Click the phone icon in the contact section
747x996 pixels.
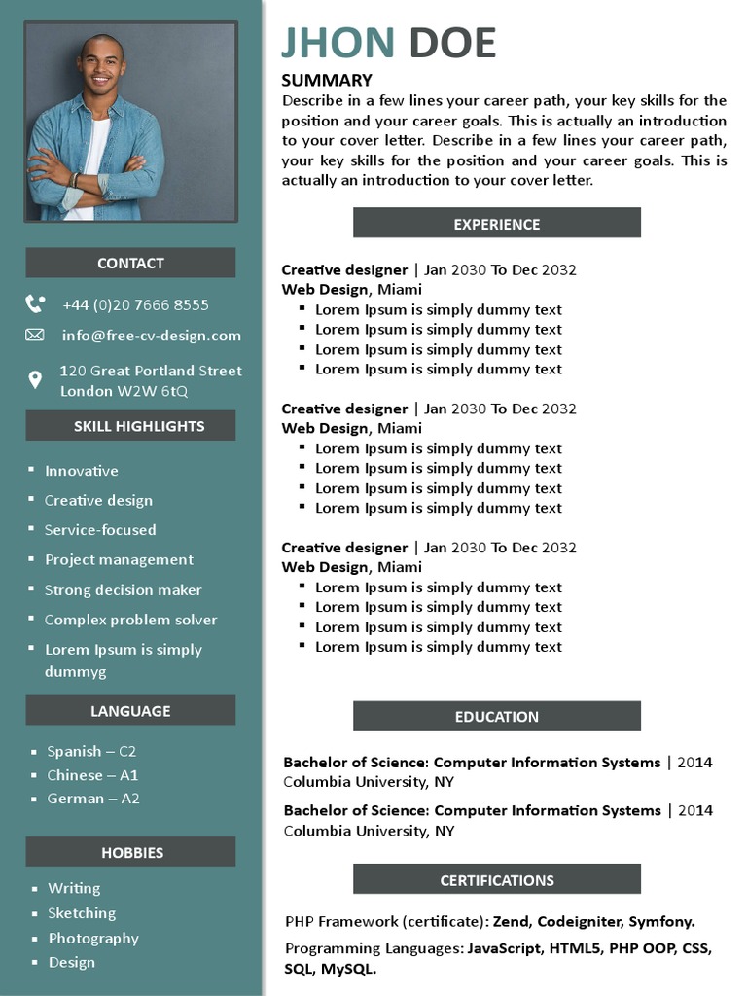[x=35, y=304]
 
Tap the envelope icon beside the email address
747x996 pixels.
[x=35, y=336]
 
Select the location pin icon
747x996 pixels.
[x=35, y=380]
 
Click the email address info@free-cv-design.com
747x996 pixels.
[x=151, y=336]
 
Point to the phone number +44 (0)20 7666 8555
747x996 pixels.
[x=135, y=304]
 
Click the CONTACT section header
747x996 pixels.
[x=130, y=263]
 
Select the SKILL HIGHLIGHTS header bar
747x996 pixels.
[x=130, y=426]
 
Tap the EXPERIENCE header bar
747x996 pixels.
[x=496, y=224]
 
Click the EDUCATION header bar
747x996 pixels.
[x=496, y=717]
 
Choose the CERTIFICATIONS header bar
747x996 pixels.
[x=496, y=880]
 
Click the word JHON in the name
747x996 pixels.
[x=338, y=44]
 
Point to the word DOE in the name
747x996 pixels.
[x=452, y=44]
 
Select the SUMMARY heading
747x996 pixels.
[x=327, y=81]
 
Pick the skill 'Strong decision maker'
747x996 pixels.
[x=124, y=590]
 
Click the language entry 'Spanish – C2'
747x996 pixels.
[x=91, y=751]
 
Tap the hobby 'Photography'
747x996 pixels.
[x=93, y=939]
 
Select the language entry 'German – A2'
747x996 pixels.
[x=93, y=799]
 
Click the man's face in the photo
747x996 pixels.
[x=101, y=68]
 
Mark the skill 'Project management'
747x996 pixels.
[x=119, y=560]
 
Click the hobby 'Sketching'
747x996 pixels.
[x=82, y=913]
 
